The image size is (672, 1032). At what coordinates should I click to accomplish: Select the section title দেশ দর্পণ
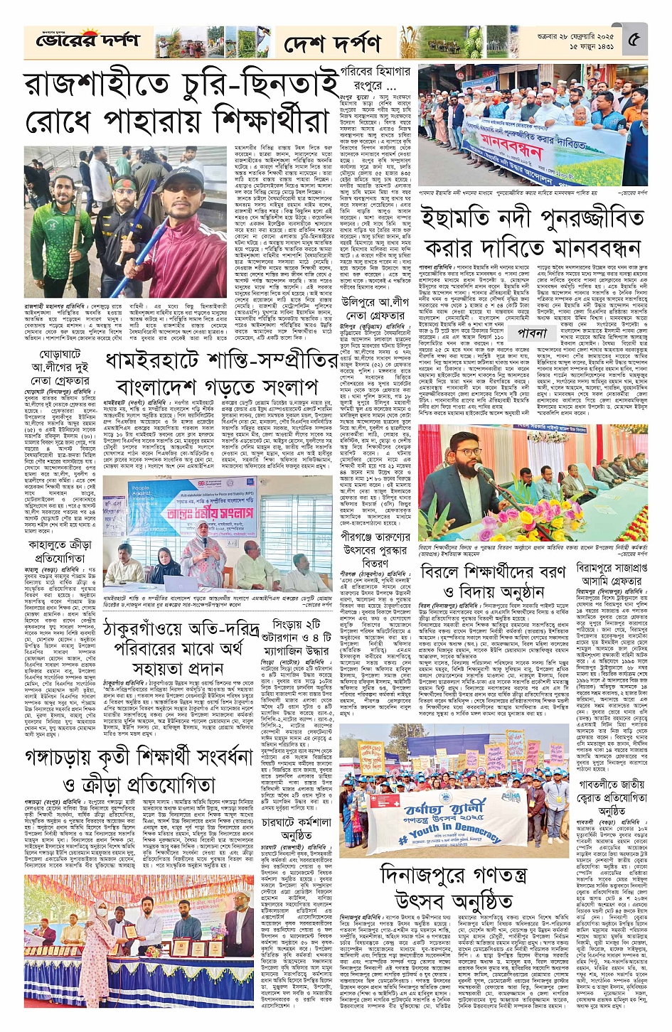(332, 45)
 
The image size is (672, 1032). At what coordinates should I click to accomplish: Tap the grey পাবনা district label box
(532, 332)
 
